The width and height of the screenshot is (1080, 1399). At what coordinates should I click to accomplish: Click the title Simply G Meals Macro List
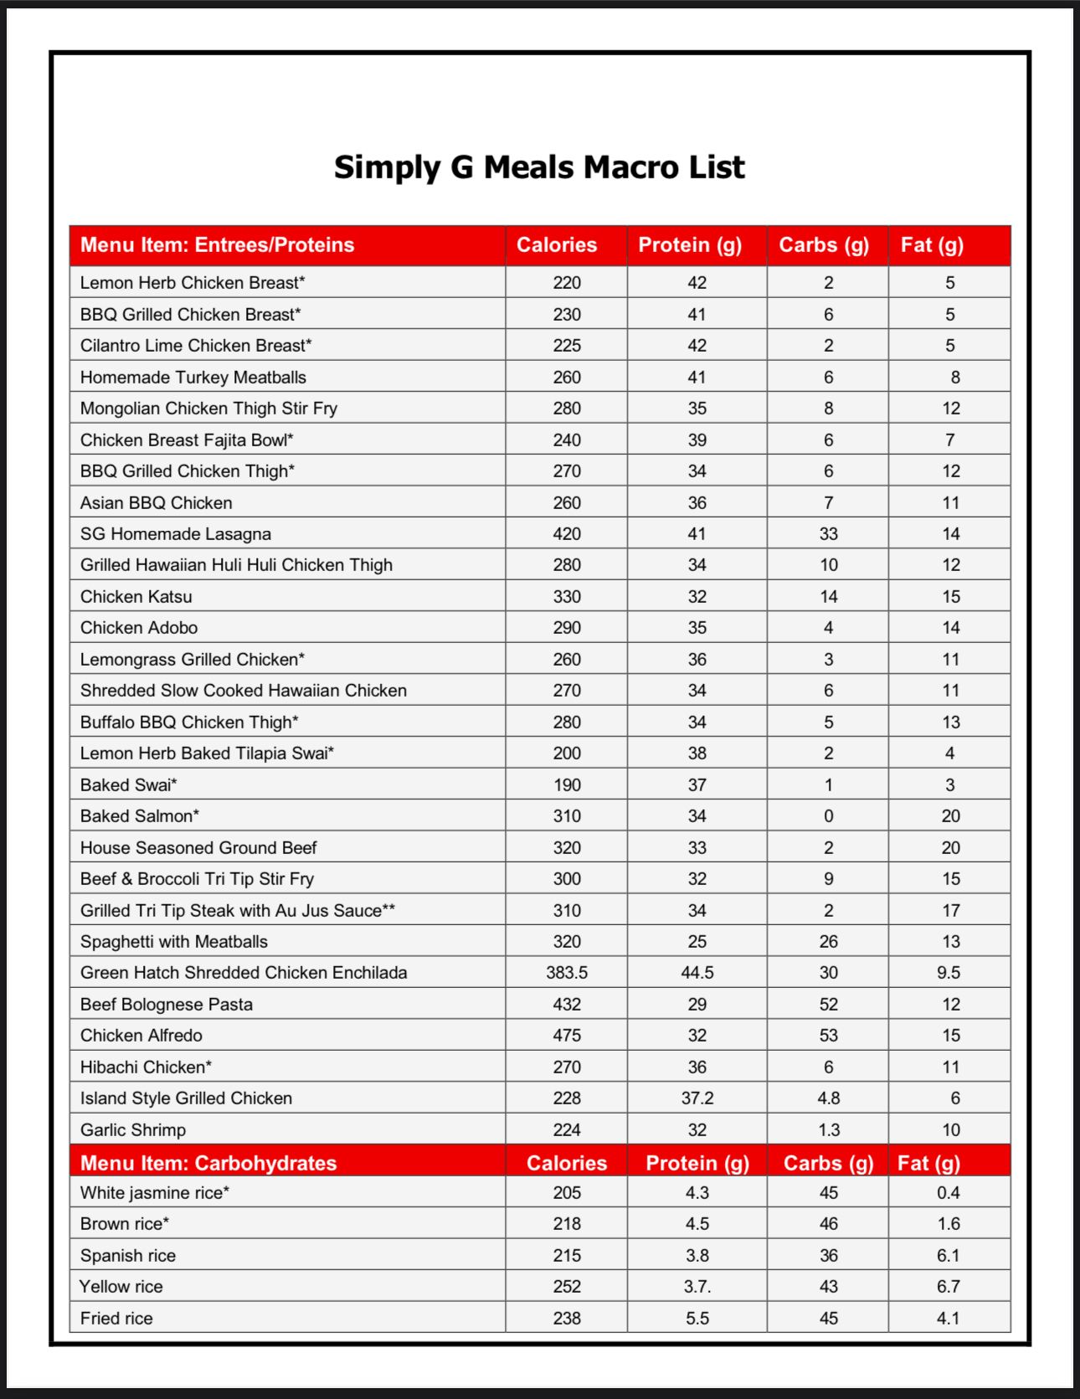[539, 167]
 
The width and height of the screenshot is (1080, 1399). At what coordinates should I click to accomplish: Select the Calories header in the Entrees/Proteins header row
[557, 245]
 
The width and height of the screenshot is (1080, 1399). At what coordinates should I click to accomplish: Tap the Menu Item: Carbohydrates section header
[208, 1163]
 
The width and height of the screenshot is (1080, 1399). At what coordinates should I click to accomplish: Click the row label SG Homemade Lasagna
[176, 534]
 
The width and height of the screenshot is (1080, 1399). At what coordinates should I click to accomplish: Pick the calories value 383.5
[567, 973]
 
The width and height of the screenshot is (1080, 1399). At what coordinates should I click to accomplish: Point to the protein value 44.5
[697, 973]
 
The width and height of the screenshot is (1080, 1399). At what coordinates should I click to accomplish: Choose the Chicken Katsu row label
[136, 597]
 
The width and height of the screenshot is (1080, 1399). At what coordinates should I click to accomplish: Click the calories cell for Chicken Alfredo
[567, 1036]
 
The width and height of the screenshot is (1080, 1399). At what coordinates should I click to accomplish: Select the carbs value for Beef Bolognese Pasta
[829, 1005]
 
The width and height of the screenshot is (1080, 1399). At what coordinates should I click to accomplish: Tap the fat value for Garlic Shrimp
[951, 1130]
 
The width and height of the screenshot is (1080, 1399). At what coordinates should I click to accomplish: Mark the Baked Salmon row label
[140, 816]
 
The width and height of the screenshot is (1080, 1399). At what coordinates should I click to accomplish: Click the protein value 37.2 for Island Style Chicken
[697, 1098]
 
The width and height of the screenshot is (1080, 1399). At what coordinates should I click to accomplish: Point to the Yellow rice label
[121, 1287]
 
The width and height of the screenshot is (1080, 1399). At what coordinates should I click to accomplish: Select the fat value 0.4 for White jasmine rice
[949, 1193]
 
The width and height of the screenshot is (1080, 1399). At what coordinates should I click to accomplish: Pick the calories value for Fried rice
[567, 1319]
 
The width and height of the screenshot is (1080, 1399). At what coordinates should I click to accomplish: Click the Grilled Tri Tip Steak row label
[238, 911]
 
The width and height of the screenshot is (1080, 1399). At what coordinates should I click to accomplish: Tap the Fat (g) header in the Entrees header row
[932, 245]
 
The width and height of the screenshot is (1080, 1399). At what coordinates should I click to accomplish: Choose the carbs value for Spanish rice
[829, 1256]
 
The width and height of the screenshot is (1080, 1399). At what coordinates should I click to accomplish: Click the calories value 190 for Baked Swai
[567, 785]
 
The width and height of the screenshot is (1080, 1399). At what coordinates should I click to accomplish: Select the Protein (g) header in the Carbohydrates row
[697, 1163]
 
